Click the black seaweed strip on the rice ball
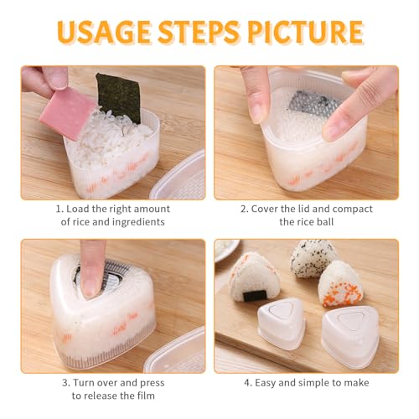click(254, 296)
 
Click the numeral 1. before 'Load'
click(60, 209)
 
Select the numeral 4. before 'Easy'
click(248, 383)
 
